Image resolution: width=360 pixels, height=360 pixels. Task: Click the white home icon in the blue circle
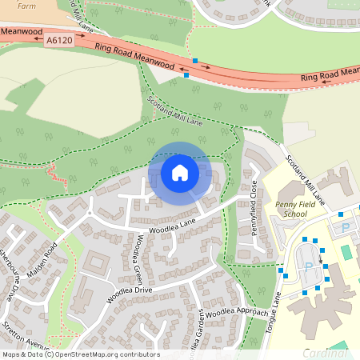180,172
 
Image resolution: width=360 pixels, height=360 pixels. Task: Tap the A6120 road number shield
58,39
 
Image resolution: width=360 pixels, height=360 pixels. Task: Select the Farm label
26,4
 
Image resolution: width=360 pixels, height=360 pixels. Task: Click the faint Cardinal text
330,353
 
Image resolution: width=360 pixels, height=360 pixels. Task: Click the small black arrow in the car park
321,258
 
